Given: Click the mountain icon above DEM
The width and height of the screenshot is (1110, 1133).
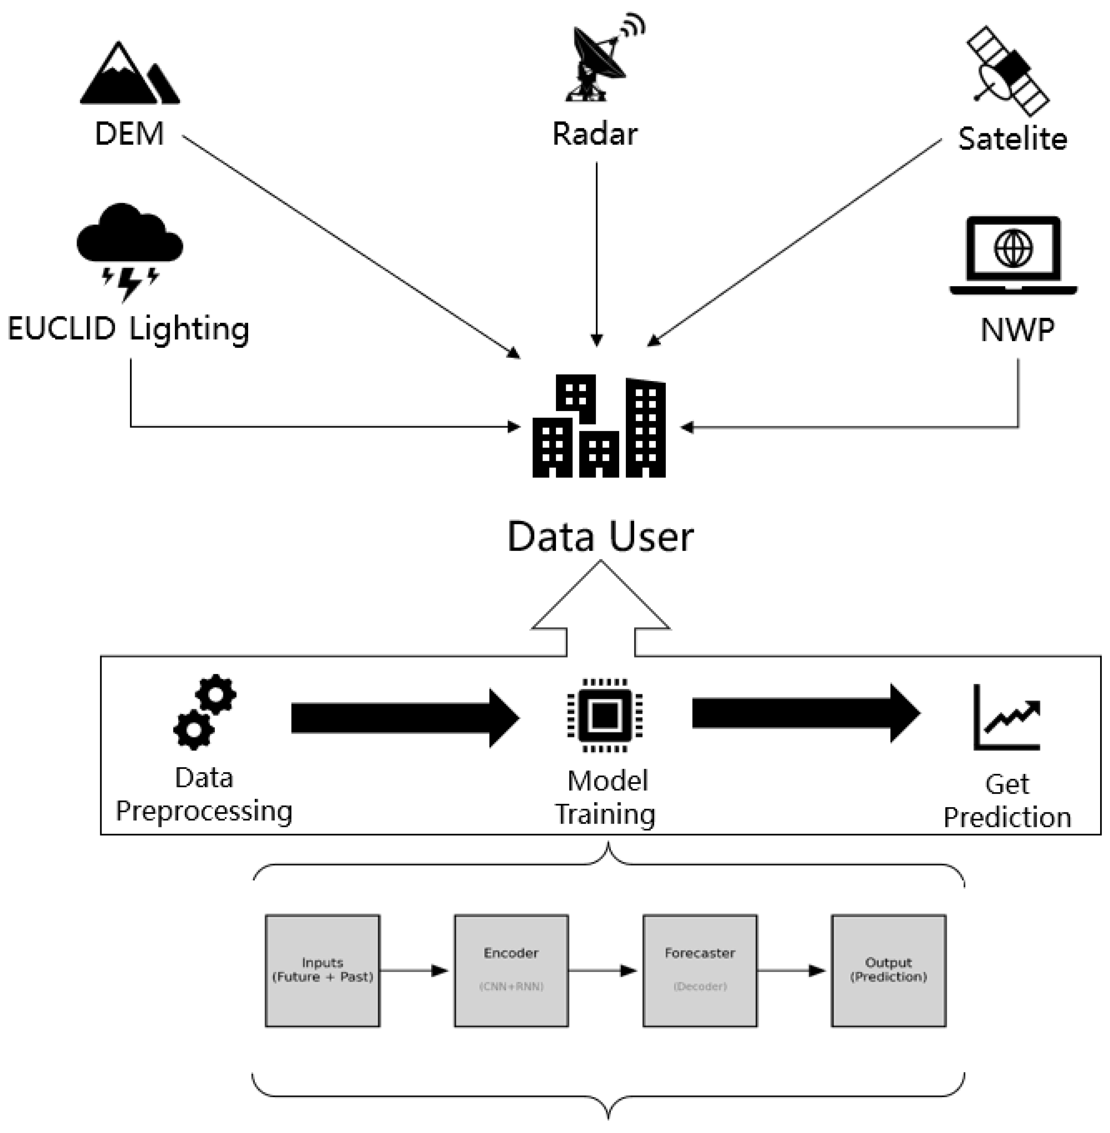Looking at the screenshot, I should pyautogui.click(x=130, y=75).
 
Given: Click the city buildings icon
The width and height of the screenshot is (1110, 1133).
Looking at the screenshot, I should pyautogui.click(x=599, y=427).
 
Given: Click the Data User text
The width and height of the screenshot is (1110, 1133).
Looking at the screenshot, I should pyautogui.click(x=601, y=536).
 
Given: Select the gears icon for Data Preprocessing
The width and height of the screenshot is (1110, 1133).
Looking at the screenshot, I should pyautogui.click(x=204, y=712).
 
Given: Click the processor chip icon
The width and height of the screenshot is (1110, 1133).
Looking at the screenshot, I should pyautogui.click(x=605, y=715).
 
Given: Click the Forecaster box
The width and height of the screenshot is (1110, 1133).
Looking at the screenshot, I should pyautogui.click(x=700, y=970).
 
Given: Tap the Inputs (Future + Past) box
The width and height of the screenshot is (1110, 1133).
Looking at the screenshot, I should pyautogui.click(x=322, y=970).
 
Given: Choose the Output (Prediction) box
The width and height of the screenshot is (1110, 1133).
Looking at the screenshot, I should pyautogui.click(x=889, y=970).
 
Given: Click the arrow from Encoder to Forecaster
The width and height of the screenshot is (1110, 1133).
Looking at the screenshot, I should pyautogui.click(x=604, y=971).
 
